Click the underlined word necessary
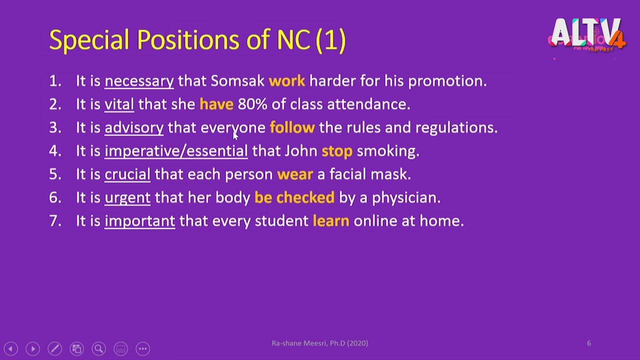(139, 81)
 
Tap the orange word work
(287, 81)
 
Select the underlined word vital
(119, 104)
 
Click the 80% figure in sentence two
(252, 104)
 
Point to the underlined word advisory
(134, 128)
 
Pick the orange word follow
(292, 127)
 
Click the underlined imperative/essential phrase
(176, 151)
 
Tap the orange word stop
(337, 151)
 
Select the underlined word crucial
(127, 174)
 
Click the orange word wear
(295, 174)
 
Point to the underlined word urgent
(127, 198)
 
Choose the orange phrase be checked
(294, 197)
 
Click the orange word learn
(331, 220)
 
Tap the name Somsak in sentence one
(237, 81)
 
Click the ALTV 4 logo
(588, 35)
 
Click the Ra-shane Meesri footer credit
(319, 343)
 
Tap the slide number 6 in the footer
(589, 343)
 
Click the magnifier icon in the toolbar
(99, 348)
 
